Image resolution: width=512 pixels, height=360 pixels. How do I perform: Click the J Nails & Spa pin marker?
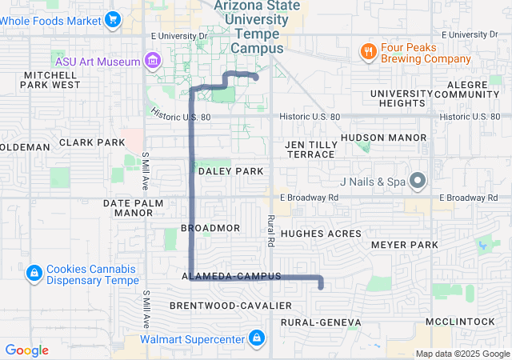click(x=417, y=181)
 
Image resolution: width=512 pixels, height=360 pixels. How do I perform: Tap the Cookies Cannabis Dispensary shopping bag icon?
click(x=34, y=274)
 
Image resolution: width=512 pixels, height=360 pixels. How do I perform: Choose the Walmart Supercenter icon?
click(x=257, y=339)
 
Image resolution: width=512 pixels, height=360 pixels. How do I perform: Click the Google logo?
click(x=27, y=350)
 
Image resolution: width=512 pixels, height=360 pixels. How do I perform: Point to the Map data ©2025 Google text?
click(x=462, y=354)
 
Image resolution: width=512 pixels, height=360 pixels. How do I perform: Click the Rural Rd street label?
click(x=270, y=230)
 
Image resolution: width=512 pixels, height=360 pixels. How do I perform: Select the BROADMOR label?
click(x=210, y=228)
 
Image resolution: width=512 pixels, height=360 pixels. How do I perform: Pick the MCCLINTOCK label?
click(x=460, y=321)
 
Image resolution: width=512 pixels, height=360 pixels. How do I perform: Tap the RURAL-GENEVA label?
click(x=321, y=322)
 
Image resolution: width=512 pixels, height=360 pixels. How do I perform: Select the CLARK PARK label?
click(x=92, y=142)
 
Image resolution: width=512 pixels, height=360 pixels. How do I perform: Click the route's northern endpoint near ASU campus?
click(x=255, y=78)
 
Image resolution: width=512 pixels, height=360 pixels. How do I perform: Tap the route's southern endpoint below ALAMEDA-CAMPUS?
click(x=321, y=286)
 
